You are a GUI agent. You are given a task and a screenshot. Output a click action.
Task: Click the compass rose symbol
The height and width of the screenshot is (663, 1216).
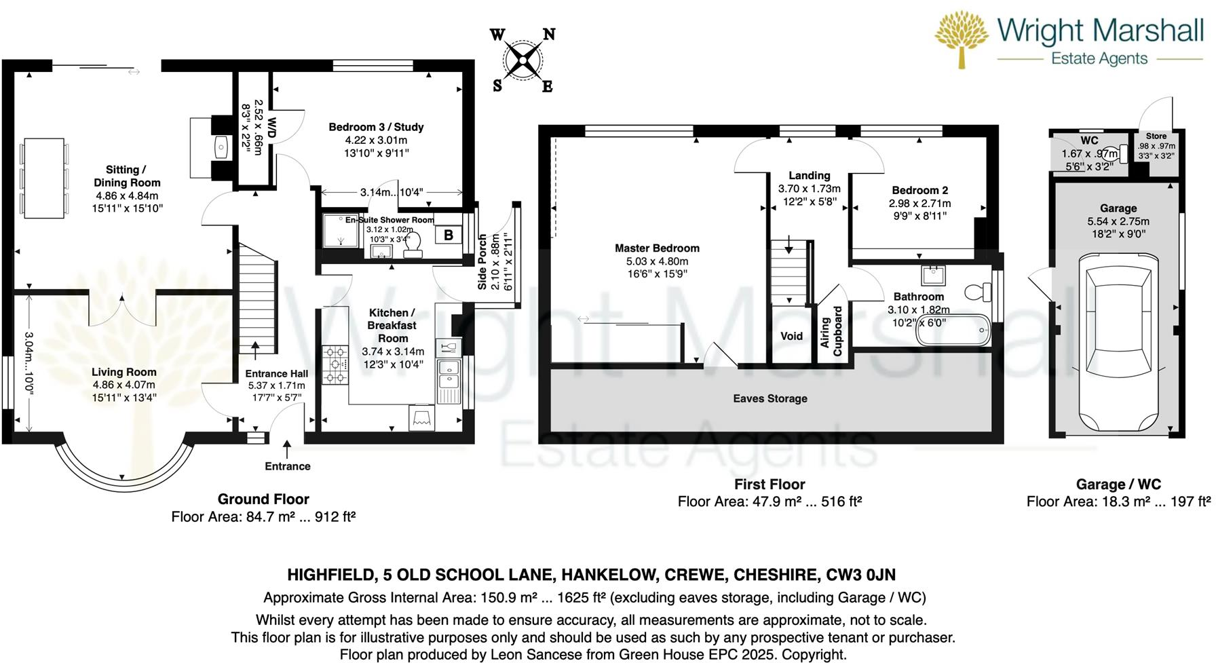pyautogui.click(x=522, y=61)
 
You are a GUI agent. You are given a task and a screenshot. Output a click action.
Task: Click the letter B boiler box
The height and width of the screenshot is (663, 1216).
pyautogui.click(x=448, y=235)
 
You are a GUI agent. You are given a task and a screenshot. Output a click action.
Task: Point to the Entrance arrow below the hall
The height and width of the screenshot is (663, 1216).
pyautogui.click(x=287, y=449)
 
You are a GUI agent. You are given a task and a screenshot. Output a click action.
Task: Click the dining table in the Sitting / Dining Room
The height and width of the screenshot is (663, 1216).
pyautogui.click(x=44, y=178)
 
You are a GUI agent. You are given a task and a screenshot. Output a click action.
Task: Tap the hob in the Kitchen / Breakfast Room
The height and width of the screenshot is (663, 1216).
pyautogui.click(x=335, y=365)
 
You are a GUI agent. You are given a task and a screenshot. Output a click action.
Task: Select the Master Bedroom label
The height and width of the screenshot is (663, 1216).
pyautogui.click(x=657, y=248)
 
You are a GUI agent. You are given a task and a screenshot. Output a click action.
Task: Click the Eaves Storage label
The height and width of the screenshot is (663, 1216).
pyautogui.click(x=770, y=398)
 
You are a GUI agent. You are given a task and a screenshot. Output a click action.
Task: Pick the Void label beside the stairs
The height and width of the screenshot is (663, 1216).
pyautogui.click(x=791, y=336)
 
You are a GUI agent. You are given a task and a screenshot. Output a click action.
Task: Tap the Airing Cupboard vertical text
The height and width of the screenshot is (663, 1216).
pyautogui.click(x=831, y=331)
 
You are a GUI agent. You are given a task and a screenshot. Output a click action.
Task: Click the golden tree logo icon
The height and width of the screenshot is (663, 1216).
pyautogui.click(x=961, y=37)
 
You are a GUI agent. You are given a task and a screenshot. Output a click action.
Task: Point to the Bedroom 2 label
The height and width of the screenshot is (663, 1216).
pyautogui.click(x=919, y=190)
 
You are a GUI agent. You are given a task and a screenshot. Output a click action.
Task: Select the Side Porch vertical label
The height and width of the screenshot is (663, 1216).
pyautogui.click(x=482, y=261)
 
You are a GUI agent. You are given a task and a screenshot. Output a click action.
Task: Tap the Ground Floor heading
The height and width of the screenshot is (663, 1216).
pyautogui.click(x=263, y=499)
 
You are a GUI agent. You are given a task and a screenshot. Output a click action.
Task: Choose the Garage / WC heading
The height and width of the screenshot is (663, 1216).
pyautogui.click(x=1118, y=484)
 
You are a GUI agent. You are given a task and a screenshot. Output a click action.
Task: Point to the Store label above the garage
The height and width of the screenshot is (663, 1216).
pyautogui.click(x=1156, y=136)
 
